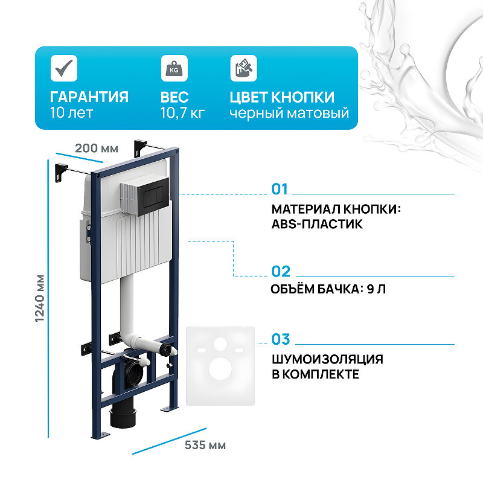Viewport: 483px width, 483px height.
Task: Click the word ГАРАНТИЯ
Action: [x=89, y=97]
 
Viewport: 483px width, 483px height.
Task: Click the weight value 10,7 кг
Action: [x=182, y=113]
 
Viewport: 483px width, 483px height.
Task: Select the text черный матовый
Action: [x=289, y=113]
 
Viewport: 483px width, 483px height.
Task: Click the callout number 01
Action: [x=280, y=190]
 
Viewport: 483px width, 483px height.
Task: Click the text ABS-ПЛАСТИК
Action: [x=317, y=224]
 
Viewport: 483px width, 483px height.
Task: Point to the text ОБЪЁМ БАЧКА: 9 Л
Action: [x=329, y=289]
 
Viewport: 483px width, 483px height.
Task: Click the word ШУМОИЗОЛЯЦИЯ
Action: [x=327, y=359]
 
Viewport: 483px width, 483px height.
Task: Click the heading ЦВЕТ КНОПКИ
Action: [x=282, y=97]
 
